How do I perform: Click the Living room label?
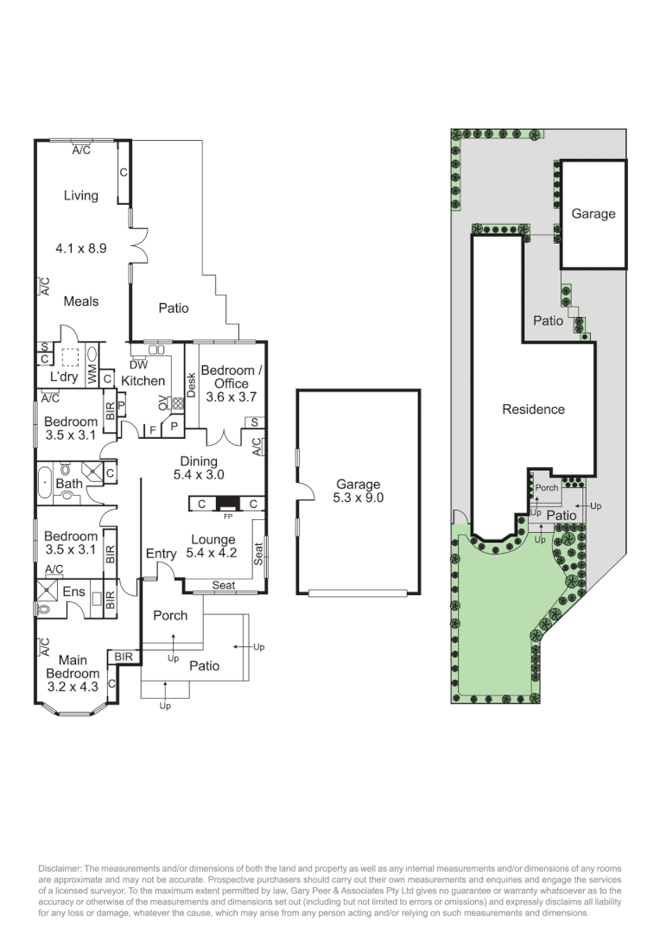click(x=80, y=195)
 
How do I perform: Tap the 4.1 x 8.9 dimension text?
click(x=80, y=248)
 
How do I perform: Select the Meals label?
click(x=80, y=301)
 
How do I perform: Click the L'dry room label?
click(x=64, y=378)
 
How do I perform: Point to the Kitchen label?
click(x=143, y=380)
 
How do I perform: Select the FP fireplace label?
click(x=228, y=517)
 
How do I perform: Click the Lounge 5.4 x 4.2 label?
click(x=213, y=547)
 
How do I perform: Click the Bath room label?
click(x=69, y=483)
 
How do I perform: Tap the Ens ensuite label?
click(x=74, y=593)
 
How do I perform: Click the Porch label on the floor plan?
click(x=170, y=615)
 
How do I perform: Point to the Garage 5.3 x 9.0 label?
click(x=358, y=491)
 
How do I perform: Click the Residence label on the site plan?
click(x=533, y=409)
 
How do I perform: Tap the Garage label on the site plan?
click(x=593, y=213)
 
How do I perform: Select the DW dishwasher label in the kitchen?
click(x=138, y=365)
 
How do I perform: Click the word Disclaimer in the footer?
click(x=60, y=867)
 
